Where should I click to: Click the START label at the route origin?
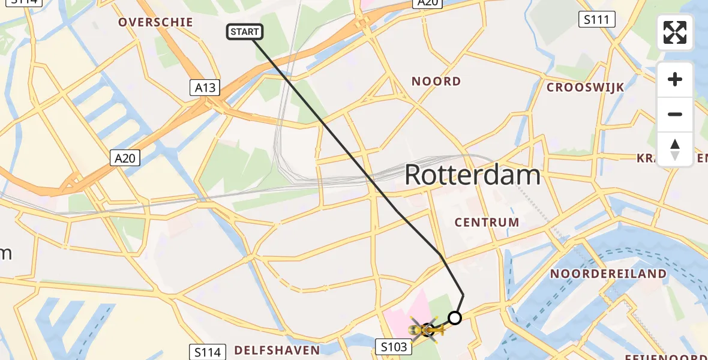pos(245,32)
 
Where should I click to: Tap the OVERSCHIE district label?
pos(155,22)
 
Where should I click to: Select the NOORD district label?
pos(436,81)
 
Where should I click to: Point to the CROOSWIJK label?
pos(585,87)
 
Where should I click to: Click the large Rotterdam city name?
pos(472,175)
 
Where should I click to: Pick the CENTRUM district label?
pos(487,222)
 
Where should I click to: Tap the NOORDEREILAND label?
pos(608,274)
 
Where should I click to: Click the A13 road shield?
pos(205,88)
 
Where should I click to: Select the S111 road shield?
pos(597,20)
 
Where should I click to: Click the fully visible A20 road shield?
pos(125,158)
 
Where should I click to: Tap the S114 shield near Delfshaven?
pos(208,352)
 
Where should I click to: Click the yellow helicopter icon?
pos(427,329)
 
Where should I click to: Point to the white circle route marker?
pos(455,318)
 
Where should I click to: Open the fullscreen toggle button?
pos(675,32)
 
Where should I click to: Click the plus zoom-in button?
pos(675,79)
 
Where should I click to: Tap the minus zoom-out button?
pos(675,114)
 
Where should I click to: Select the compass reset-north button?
pos(675,149)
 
